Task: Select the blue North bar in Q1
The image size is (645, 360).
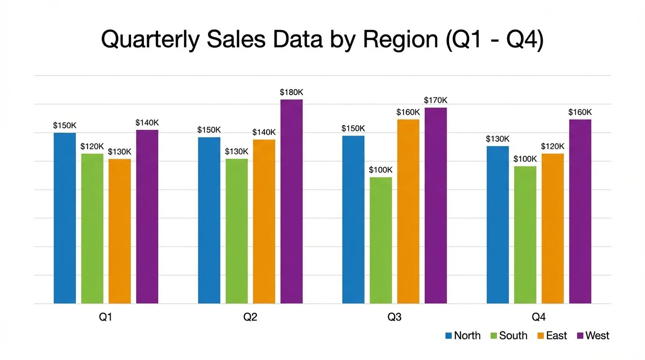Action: pos(65,218)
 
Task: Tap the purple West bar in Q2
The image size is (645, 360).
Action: pos(292,202)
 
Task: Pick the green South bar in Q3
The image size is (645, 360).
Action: pos(381,240)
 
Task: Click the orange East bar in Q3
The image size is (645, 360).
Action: pos(408,211)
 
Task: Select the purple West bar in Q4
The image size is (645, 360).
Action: pos(580,211)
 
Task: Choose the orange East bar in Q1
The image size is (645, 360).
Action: pos(120,231)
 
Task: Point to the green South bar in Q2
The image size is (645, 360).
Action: pos(237,231)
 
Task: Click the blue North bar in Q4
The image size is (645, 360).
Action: pos(497,225)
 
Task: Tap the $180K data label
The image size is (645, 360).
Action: pos(292,92)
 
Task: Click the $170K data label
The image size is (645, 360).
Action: pos(435,100)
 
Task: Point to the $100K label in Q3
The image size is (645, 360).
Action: pos(381,170)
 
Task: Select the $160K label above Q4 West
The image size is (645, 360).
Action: pos(580,112)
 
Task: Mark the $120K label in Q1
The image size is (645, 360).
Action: pos(92,146)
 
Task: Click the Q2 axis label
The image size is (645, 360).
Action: pos(250,317)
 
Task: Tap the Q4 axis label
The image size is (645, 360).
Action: pos(539,317)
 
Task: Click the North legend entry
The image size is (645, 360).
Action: pos(462,336)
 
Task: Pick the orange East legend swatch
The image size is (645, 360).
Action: pos(540,336)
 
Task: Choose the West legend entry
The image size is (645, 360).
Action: pos(592,336)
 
